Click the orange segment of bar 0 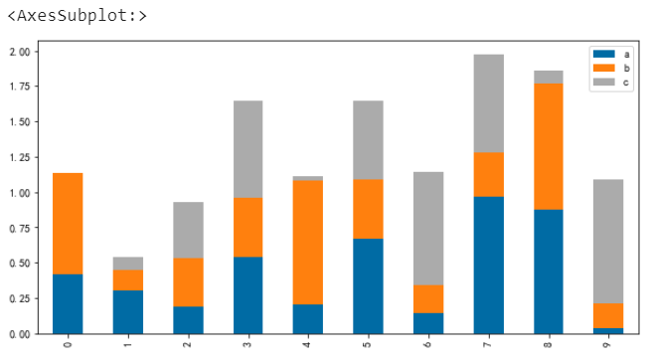(x=68, y=224)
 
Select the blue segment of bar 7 (x=489, y=266)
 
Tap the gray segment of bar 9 (x=608, y=242)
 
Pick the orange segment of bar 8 (x=549, y=146)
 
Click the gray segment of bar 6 (x=428, y=229)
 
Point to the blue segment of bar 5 (x=368, y=286)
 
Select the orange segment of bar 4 (x=308, y=243)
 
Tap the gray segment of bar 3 (x=247, y=149)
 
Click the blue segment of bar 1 (x=128, y=312)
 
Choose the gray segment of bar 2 (x=189, y=230)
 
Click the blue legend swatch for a (x=603, y=54)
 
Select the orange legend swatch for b (x=603, y=68)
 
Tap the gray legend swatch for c (x=603, y=82)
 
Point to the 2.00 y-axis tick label (x=20, y=52)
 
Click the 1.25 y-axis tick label (x=20, y=157)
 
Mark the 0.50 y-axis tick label (x=20, y=263)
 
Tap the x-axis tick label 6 (x=428, y=344)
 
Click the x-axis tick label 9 (x=608, y=344)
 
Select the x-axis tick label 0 (x=68, y=344)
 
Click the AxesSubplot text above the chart (x=78, y=16)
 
